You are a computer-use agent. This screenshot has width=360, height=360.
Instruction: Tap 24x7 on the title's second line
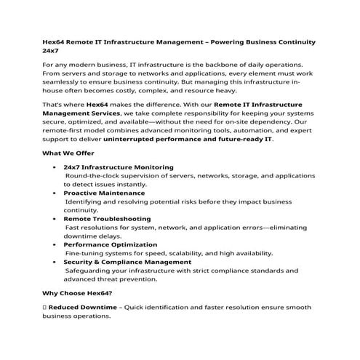coord(51,52)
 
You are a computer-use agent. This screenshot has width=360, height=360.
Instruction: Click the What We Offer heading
coord(71,153)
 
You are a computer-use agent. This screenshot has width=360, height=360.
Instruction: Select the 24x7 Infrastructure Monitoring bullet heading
coord(119,167)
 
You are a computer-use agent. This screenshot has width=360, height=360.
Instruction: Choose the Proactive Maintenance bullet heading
coord(104,193)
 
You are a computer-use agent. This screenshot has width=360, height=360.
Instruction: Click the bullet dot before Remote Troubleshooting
coord(56,219)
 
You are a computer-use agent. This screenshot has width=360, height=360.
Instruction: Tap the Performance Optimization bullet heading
coord(110,244)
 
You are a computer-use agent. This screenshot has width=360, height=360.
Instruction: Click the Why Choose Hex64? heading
coord(77,293)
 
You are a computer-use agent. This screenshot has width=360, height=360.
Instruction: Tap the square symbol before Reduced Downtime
coord(44,308)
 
